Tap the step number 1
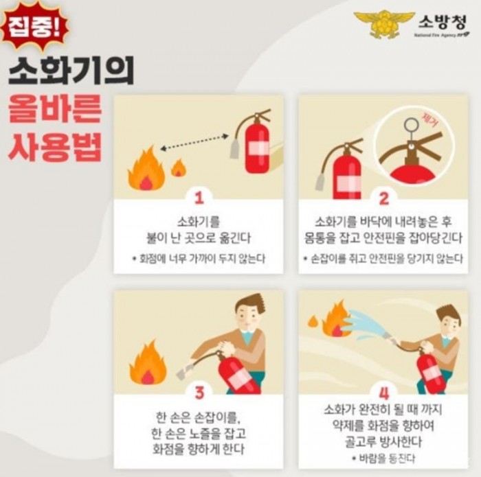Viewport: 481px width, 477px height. click(x=199, y=199)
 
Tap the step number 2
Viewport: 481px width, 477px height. click(x=383, y=199)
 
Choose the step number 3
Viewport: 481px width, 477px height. click(x=199, y=393)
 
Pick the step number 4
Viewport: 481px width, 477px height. click(x=383, y=393)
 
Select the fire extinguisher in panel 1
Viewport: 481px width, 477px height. click(x=256, y=144)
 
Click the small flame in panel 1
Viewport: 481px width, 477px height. click(x=179, y=167)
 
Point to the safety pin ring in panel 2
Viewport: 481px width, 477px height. click(x=412, y=125)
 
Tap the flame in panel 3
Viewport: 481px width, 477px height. click(x=147, y=364)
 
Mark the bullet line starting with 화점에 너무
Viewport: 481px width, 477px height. click(x=199, y=259)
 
